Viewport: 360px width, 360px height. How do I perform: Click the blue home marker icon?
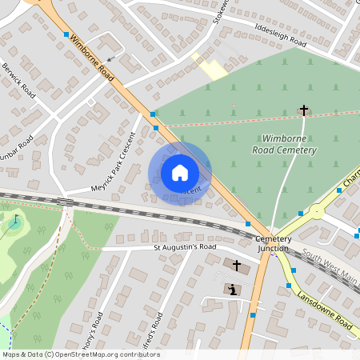tap(180, 172)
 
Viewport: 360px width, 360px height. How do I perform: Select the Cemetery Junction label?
tap(274, 243)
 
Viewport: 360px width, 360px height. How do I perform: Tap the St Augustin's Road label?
tap(186, 248)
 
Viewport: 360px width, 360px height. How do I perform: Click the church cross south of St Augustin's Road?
tap(237, 265)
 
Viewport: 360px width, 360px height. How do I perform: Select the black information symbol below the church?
tap(233, 289)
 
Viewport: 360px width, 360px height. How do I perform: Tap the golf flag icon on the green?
tap(15, 220)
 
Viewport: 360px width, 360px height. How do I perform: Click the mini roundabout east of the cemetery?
tap(317, 213)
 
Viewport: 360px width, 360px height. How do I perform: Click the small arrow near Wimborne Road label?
tap(110, 58)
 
